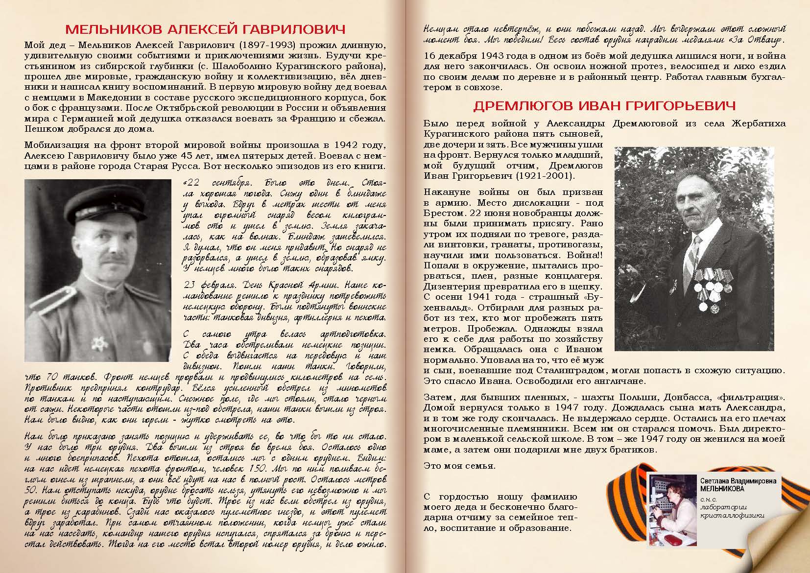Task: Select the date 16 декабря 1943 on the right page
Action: tap(471, 56)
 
